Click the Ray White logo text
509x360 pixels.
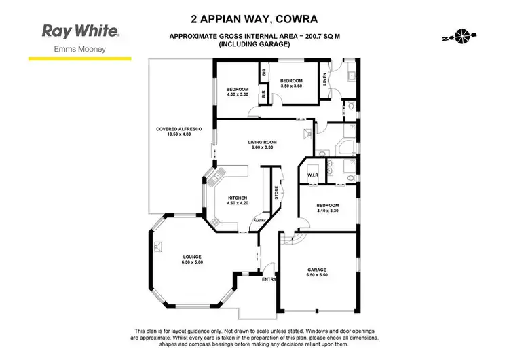pos(80,31)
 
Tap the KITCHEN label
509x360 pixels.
pos(237,198)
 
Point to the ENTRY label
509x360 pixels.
pos(269,279)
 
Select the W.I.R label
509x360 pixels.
pos(313,175)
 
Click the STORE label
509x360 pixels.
pos(276,192)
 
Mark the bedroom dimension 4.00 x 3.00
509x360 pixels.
pos(238,94)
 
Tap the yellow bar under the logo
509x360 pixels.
pos(80,59)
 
